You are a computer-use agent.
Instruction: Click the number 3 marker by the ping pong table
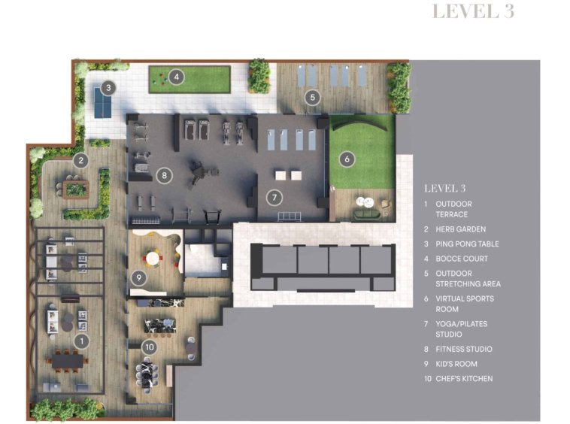pyautogui.click(x=108, y=87)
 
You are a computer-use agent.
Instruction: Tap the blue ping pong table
pyautogui.click(x=103, y=103)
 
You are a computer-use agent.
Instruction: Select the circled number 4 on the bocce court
pyautogui.click(x=177, y=77)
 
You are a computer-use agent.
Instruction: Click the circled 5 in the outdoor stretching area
pyautogui.click(x=312, y=98)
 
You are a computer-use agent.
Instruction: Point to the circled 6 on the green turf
pyautogui.click(x=347, y=159)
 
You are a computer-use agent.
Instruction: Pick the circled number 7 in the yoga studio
pyautogui.click(x=274, y=198)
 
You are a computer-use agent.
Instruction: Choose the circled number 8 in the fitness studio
pyautogui.click(x=165, y=176)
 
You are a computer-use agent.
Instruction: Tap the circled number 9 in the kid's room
pyautogui.click(x=139, y=278)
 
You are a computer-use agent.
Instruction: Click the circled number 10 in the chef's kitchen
pyautogui.click(x=150, y=347)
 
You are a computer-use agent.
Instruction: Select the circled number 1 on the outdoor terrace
pyautogui.click(x=82, y=341)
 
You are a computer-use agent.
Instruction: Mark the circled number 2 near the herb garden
pyautogui.click(x=81, y=160)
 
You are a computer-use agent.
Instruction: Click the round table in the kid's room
pyautogui.click(x=153, y=259)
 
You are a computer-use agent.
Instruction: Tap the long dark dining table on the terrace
pyautogui.click(x=67, y=361)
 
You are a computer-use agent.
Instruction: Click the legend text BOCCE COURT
pyautogui.click(x=462, y=259)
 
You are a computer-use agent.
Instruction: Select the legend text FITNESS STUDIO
pyautogui.click(x=464, y=349)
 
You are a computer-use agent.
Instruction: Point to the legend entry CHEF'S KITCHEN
pyautogui.click(x=464, y=379)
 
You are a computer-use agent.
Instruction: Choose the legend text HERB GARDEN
pyautogui.click(x=460, y=229)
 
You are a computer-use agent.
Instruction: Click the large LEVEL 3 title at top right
pyautogui.click(x=473, y=11)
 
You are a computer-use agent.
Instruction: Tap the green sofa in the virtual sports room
pyautogui.click(x=368, y=214)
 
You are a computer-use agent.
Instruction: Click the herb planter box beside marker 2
pyautogui.click(x=77, y=189)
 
